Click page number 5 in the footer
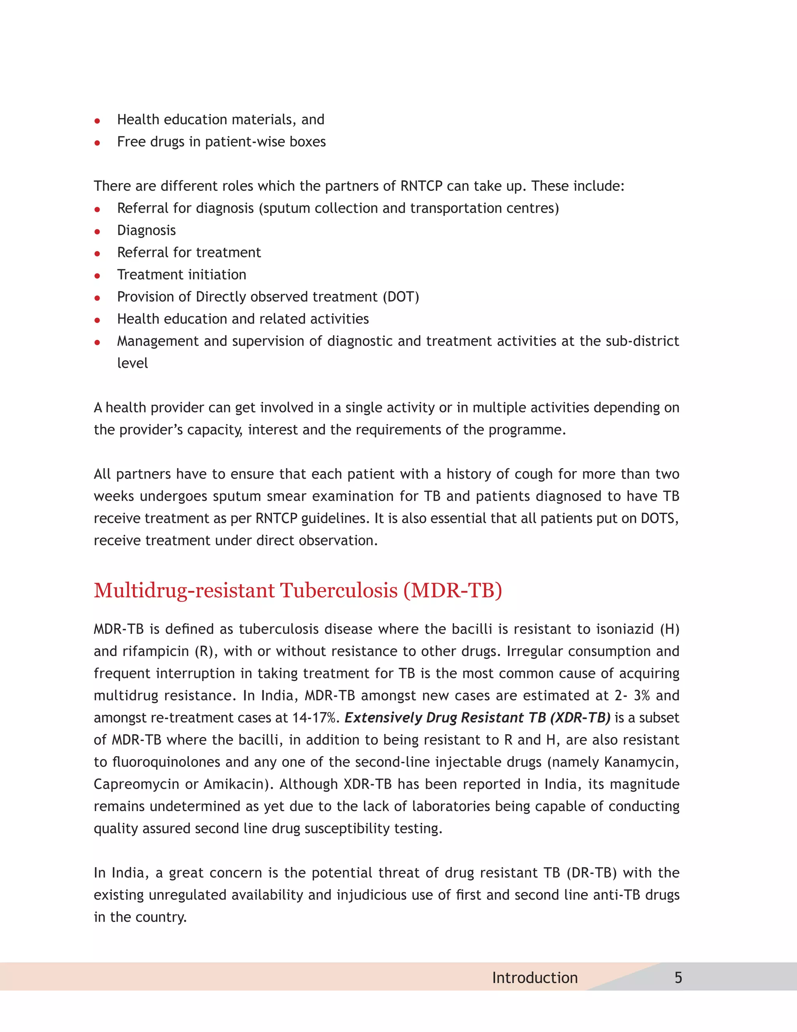coord(678,977)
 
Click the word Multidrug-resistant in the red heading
coord(184,591)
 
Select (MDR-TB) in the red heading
coord(452,591)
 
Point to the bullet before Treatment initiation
coord(97,275)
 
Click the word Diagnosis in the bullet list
coord(146,231)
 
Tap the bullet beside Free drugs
coord(97,143)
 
